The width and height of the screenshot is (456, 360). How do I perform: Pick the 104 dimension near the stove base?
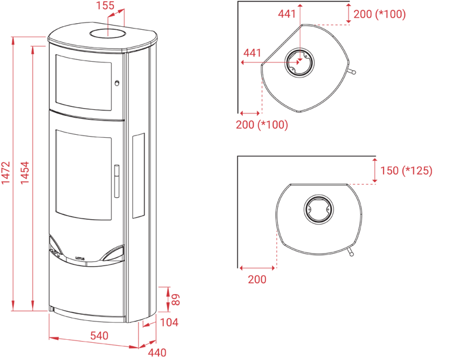pyautogui.click(x=169, y=323)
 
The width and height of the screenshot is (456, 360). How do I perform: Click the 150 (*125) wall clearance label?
pyautogui.click(x=407, y=171)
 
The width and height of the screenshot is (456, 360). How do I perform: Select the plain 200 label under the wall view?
pyautogui.click(x=256, y=280)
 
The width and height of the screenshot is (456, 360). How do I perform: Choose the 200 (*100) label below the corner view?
pyautogui.click(x=261, y=125)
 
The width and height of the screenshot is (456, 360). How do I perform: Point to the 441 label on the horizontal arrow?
pyautogui.click(x=252, y=53)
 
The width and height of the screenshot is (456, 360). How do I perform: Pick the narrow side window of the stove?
pyautogui.click(x=138, y=174)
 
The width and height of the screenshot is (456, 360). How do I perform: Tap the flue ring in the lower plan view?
pyautogui.click(x=319, y=210)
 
